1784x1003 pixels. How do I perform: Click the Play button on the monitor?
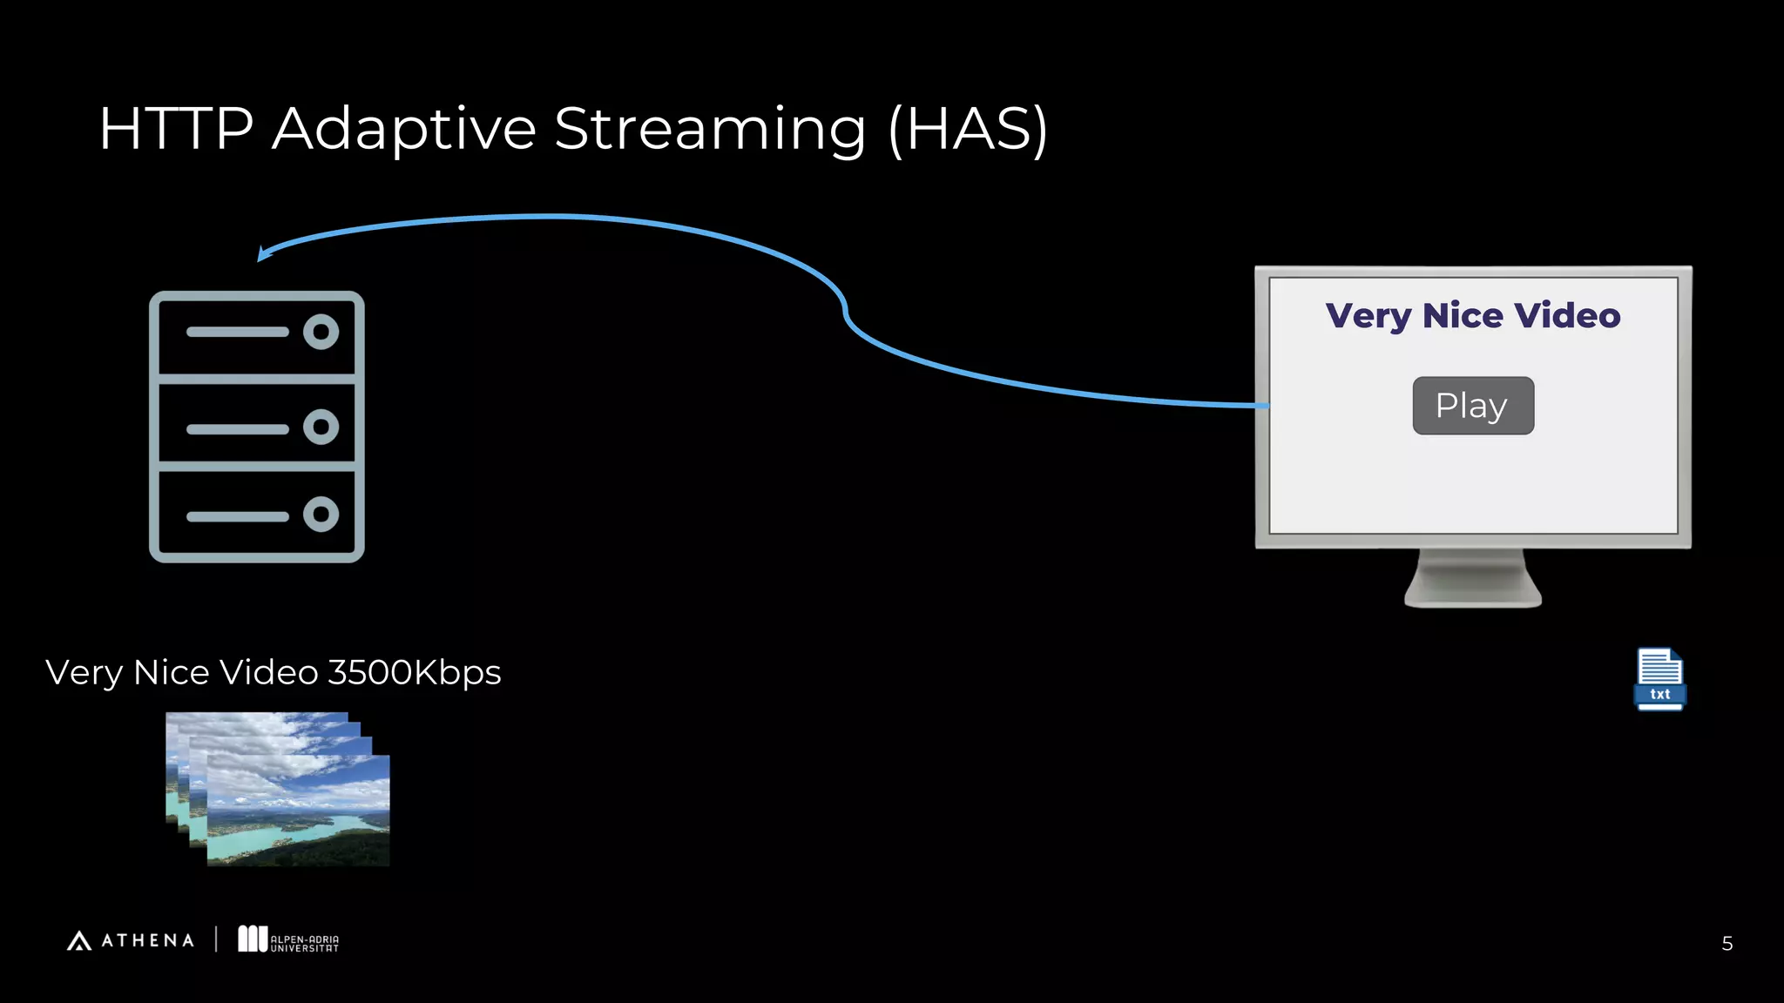(x=1473, y=406)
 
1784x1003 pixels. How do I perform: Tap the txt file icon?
(x=1659, y=679)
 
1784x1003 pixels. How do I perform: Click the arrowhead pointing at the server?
(x=264, y=253)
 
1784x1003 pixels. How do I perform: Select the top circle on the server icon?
(x=321, y=332)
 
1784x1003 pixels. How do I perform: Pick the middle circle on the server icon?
(x=321, y=427)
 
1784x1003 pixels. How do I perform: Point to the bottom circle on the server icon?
(x=321, y=515)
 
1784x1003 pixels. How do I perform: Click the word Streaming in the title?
(x=710, y=129)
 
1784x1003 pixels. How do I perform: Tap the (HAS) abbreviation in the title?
(x=968, y=129)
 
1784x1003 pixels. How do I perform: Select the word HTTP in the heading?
(x=176, y=129)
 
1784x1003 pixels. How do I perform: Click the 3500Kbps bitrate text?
(x=414, y=672)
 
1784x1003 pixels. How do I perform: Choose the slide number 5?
(x=1727, y=944)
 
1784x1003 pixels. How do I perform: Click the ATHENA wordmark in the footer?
(x=147, y=940)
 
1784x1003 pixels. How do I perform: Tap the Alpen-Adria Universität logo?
(x=288, y=939)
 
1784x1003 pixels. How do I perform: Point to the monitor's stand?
(x=1473, y=580)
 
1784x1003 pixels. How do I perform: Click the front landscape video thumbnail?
(x=298, y=810)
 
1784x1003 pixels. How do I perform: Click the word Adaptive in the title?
(x=404, y=129)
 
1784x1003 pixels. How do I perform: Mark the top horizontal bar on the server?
(x=237, y=332)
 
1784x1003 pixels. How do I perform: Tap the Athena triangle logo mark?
(x=79, y=940)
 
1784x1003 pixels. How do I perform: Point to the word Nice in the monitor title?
(x=1463, y=315)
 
